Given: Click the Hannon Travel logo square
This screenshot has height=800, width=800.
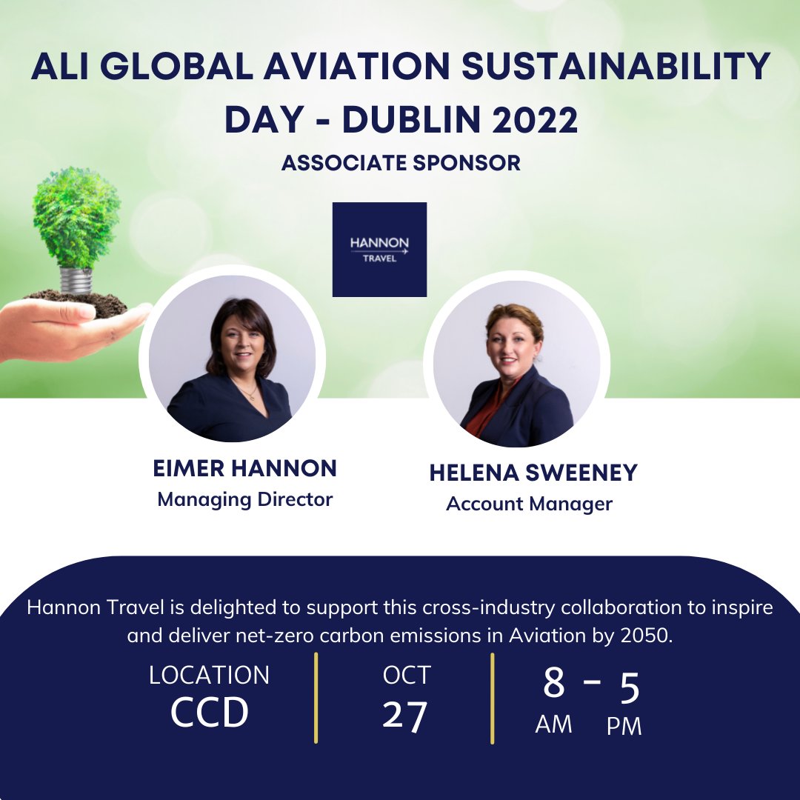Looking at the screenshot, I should click(379, 249).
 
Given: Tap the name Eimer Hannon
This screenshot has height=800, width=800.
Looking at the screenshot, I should click(244, 468).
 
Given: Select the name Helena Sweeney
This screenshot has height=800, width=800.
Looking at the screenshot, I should click(533, 473).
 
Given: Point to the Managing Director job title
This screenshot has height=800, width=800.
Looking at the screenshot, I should click(244, 499).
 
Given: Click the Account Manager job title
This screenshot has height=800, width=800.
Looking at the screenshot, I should click(529, 504).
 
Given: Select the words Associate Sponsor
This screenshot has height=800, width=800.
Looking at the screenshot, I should click(401, 163).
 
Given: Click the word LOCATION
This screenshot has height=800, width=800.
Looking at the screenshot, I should click(209, 675).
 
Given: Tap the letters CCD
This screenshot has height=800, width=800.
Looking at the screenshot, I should click(209, 713).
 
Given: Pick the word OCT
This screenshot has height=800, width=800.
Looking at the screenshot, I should click(407, 675).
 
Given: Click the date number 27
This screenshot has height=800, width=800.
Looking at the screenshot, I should click(405, 716).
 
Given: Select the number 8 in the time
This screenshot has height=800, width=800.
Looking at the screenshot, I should click(553, 684).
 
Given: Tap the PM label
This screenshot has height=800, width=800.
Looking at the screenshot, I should click(624, 727).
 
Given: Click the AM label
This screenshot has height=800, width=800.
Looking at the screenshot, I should click(553, 724).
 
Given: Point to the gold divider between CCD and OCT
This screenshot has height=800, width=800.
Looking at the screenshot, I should click(316, 697).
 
